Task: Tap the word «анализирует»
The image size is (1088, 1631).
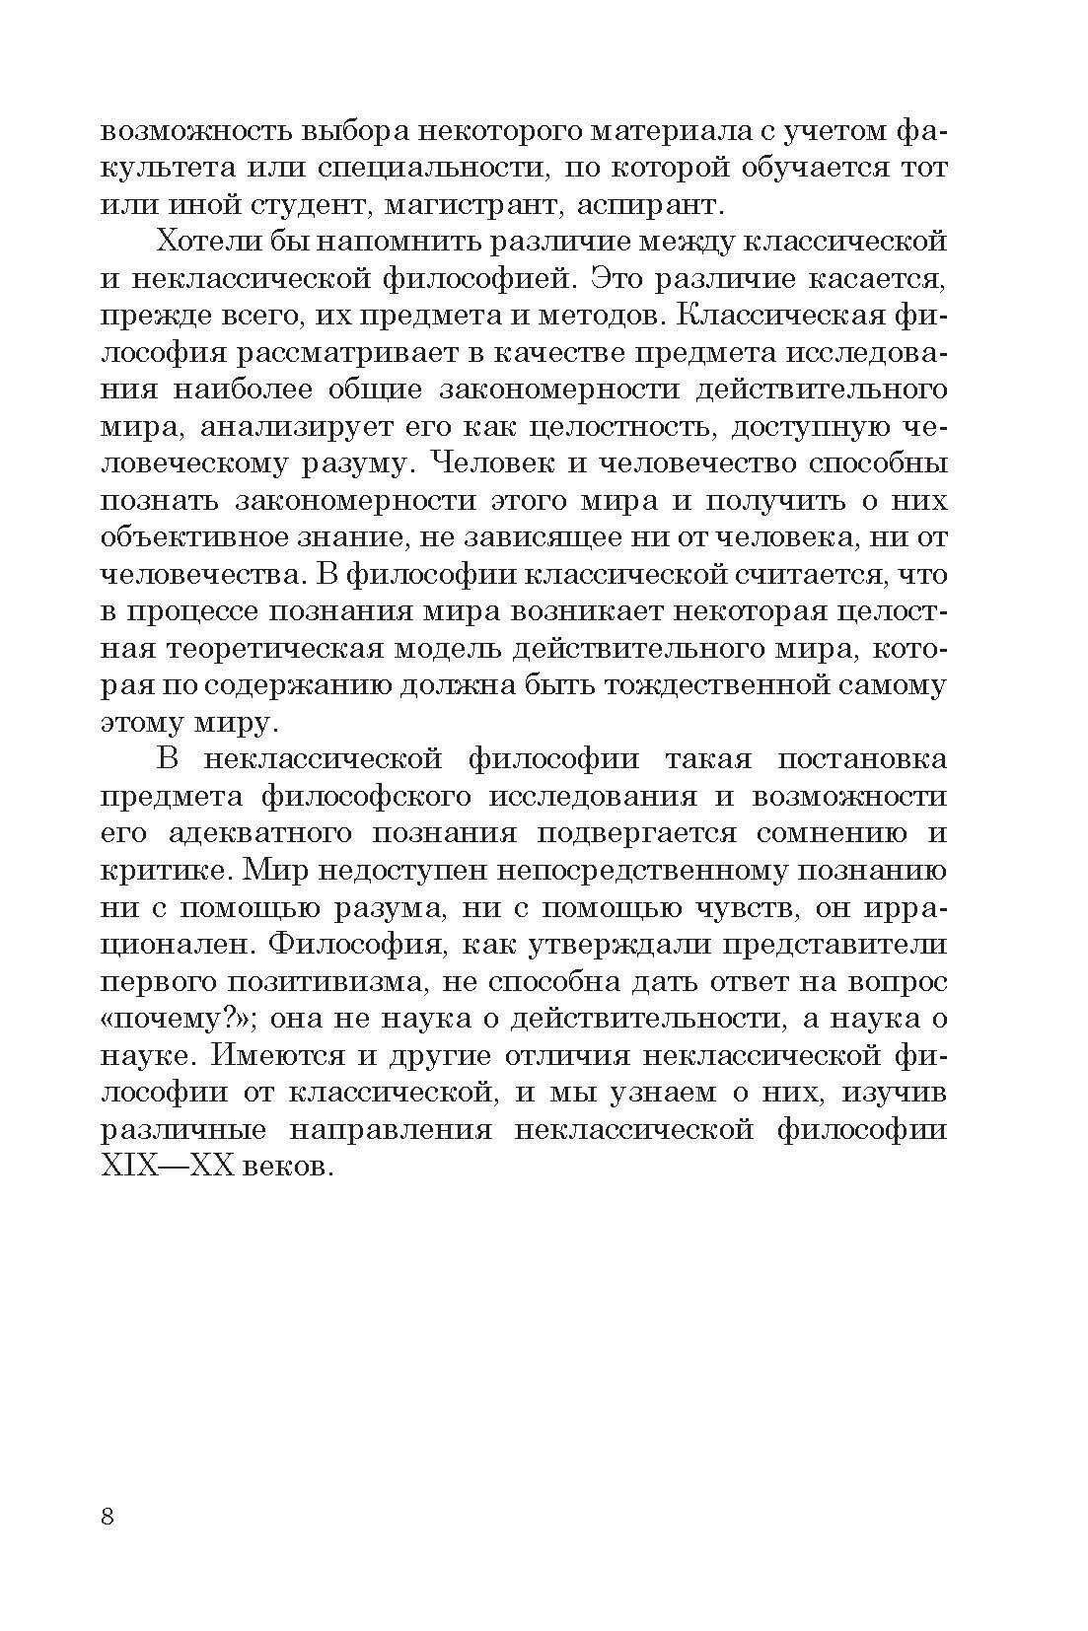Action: tap(322, 426)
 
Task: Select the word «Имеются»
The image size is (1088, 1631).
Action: tap(277, 1055)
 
